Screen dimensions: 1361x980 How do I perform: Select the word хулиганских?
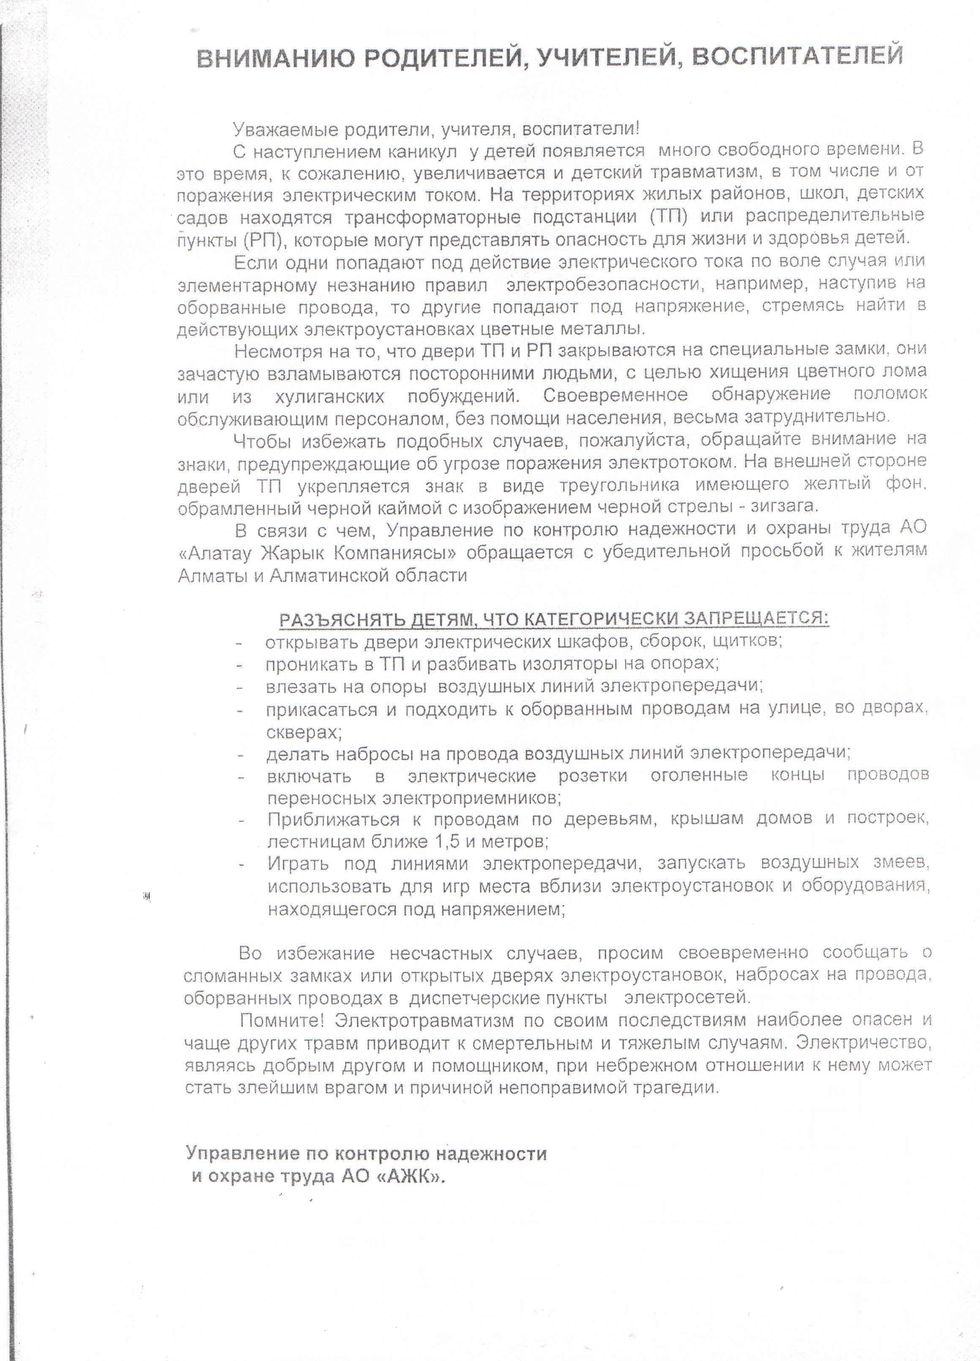click(329, 397)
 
